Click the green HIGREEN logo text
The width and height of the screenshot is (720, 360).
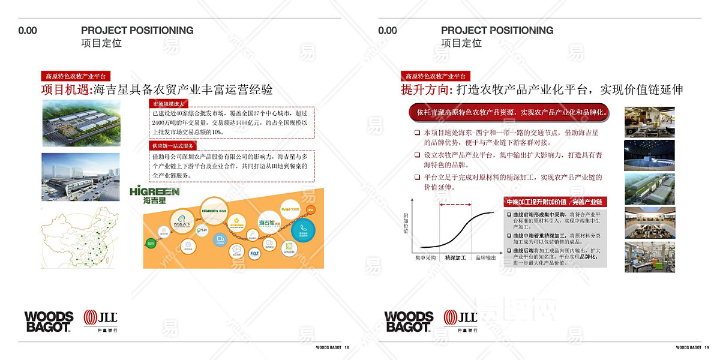pos(154,192)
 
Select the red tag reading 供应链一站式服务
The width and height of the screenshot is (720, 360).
pos(172,146)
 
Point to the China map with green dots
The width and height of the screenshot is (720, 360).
pos(80,238)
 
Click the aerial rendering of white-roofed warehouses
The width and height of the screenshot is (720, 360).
pos(80,122)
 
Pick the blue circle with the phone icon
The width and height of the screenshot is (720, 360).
pos(303,230)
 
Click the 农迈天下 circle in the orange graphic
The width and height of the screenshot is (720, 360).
pos(182,220)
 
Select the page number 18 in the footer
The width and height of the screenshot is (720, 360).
pos(347,347)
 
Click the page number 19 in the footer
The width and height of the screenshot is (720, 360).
pos(707,347)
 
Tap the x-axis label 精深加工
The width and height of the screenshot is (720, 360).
pos(455,257)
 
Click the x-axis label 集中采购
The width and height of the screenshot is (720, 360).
pos(425,257)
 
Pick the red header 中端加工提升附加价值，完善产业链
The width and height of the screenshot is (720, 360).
pos(554,202)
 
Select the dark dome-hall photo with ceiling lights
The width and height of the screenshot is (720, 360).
pos(649,155)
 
